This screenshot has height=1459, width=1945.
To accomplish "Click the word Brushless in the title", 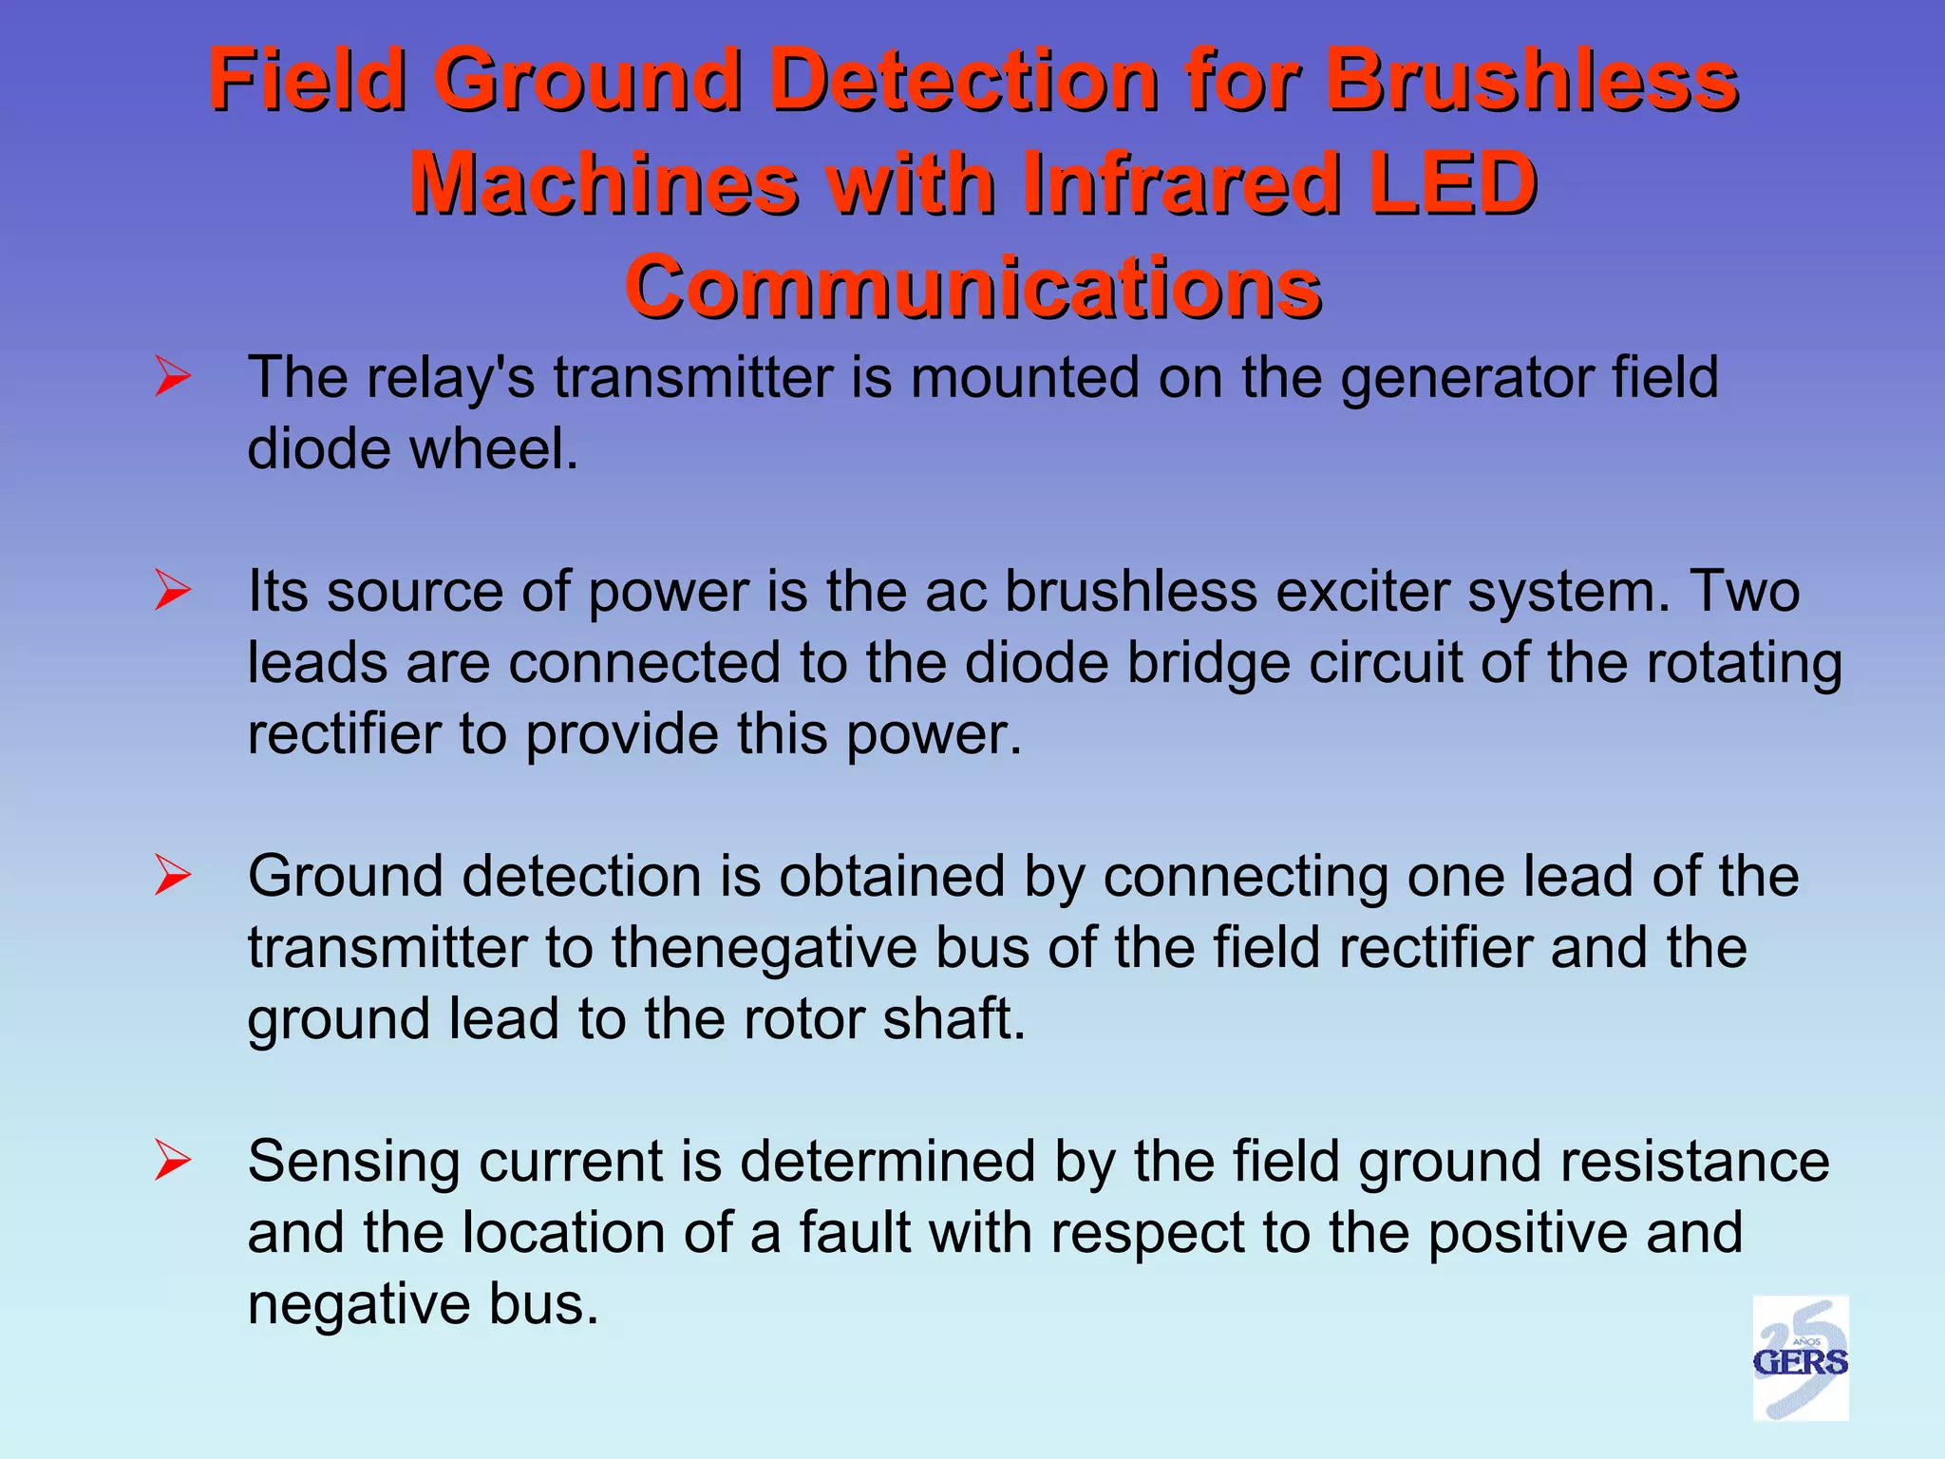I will click(1531, 80).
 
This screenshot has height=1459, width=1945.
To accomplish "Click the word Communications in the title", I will click(972, 287).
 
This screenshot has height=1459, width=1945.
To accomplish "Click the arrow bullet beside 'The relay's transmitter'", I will click(173, 378).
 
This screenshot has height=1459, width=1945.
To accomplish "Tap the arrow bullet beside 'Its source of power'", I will click(173, 592).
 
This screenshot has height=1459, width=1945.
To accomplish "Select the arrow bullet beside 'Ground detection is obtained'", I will click(173, 876).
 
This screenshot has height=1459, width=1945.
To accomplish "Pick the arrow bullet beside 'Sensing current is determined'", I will click(173, 1161).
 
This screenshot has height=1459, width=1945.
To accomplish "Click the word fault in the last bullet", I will click(854, 1232).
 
